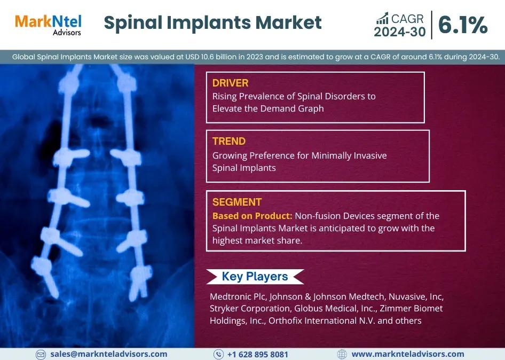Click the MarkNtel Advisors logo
click(x=48, y=25)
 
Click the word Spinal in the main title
click(x=133, y=23)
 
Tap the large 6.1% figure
click(x=463, y=25)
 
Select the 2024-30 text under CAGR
click(x=400, y=32)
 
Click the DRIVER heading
click(x=230, y=83)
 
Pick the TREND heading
click(x=229, y=141)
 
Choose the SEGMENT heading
click(x=237, y=202)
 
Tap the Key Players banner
click(x=255, y=277)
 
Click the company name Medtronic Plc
click(x=238, y=296)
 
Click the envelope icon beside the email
click(x=41, y=354)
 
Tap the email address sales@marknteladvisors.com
click(x=109, y=354)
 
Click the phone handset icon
click(x=219, y=354)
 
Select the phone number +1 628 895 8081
click(x=258, y=355)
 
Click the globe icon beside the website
click(x=342, y=354)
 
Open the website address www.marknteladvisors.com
click(x=408, y=354)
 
